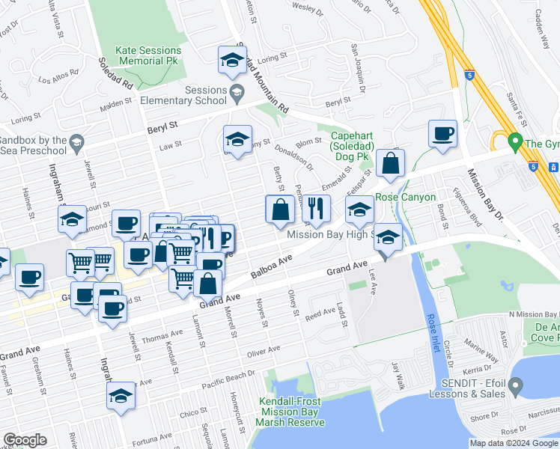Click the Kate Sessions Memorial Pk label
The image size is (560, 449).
coord(148,56)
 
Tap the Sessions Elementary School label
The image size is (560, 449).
coord(195,96)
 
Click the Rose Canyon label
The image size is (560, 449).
coord(405,197)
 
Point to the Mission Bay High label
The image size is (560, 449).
coord(329,233)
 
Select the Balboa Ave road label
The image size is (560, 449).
coord(270,269)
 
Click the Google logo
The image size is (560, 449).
coord(25,440)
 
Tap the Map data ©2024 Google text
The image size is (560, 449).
coord(514,443)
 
